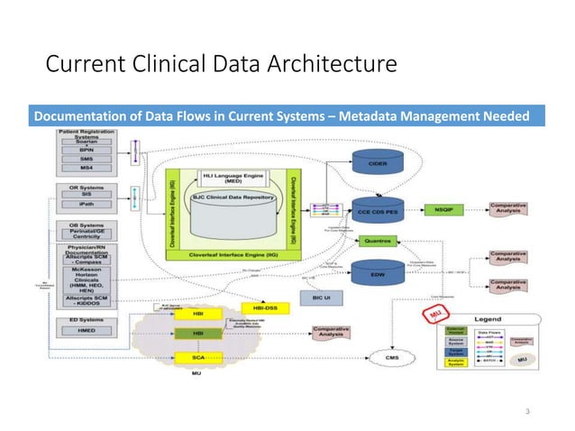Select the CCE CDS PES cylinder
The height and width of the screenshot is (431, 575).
click(379, 211)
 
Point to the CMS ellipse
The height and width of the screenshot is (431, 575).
click(392, 359)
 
